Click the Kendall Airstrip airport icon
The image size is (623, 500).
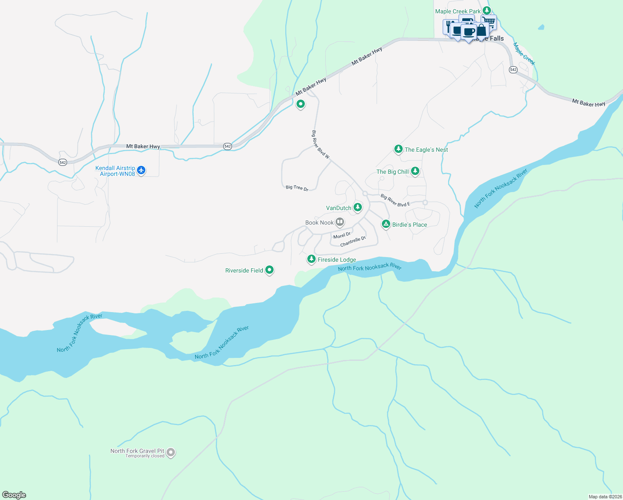click(x=141, y=170)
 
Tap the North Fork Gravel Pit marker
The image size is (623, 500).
click(x=170, y=452)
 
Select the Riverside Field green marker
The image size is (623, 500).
click(x=269, y=270)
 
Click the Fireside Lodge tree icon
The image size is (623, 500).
click(x=311, y=259)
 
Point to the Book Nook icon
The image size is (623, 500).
click(x=340, y=222)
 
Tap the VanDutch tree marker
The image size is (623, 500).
click(x=357, y=207)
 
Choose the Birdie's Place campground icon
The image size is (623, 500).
click(x=386, y=224)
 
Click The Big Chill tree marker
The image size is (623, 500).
click(x=415, y=171)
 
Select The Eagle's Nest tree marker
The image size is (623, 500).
click(x=399, y=149)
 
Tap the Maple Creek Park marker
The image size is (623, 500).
click(x=486, y=11)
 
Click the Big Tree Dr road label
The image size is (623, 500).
click(x=297, y=188)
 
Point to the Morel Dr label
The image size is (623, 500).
click(x=342, y=235)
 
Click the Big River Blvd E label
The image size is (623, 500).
click(x=395, y=200)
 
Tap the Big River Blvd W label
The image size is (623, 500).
click(x=321, y=145)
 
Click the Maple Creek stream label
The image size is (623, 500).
click(x=523, y=54)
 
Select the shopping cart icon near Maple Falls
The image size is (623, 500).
click(x=490, y=21)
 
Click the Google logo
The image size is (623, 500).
click(x=14, y=495)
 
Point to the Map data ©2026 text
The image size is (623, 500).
click(x=605, y=497)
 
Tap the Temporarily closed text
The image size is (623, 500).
click(x=145, y=456)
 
